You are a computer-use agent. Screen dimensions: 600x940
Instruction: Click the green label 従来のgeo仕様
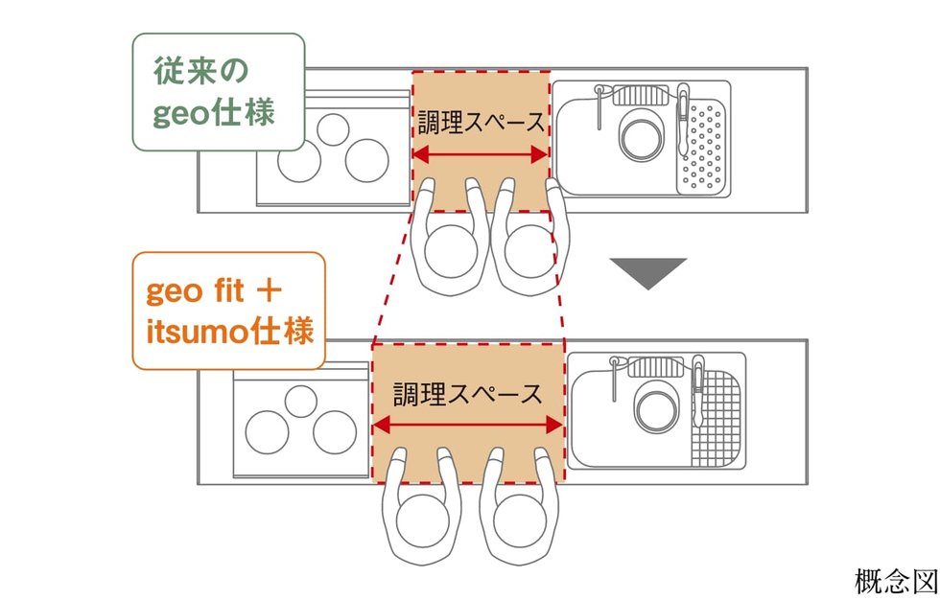pyautogui.click(x=217, y=92)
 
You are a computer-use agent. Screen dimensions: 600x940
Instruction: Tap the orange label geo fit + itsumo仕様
pyautogui.click(x=227, y=312)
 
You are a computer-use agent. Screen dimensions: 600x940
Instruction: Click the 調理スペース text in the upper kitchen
pyautogui.click(x=481, y=123)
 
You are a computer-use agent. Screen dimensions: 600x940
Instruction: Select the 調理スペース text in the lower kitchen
pyautogui.click(x=467, y=393)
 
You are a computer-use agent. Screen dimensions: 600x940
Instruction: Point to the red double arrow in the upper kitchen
pyautogui.click(x=480, y=154)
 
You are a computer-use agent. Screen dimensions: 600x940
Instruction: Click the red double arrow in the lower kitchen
pyautogui.click(x=467, y=424)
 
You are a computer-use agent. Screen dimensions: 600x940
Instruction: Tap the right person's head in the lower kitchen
pyautogui.click(x=523, y=524)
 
